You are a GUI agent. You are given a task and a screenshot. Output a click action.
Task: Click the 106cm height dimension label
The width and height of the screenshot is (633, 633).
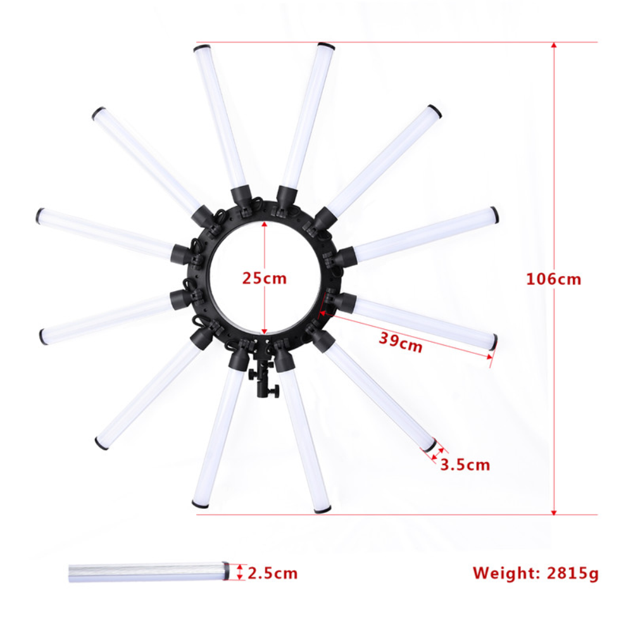point(553,279)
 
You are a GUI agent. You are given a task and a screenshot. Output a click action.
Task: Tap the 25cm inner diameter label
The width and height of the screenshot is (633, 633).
point(264,278)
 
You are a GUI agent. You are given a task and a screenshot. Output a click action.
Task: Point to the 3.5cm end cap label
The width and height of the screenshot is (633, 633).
point(465,465)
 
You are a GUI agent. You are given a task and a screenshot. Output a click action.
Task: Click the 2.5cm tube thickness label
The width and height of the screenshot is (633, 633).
point(272,573)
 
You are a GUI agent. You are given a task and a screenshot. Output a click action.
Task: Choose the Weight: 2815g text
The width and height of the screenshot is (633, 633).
point(535,573)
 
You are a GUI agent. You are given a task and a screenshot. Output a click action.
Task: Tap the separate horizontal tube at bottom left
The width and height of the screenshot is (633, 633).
point(146,572)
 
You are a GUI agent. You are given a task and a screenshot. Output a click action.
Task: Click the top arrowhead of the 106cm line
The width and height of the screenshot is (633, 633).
point(554,46)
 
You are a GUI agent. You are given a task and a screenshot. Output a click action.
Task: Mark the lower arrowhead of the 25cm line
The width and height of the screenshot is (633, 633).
point(265,331)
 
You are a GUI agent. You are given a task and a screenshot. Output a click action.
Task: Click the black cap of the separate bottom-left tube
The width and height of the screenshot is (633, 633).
point(225,572)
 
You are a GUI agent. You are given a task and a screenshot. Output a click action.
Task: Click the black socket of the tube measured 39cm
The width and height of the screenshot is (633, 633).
point(342,301)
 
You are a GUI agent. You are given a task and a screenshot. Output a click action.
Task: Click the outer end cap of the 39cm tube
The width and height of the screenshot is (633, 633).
point(494,342)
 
